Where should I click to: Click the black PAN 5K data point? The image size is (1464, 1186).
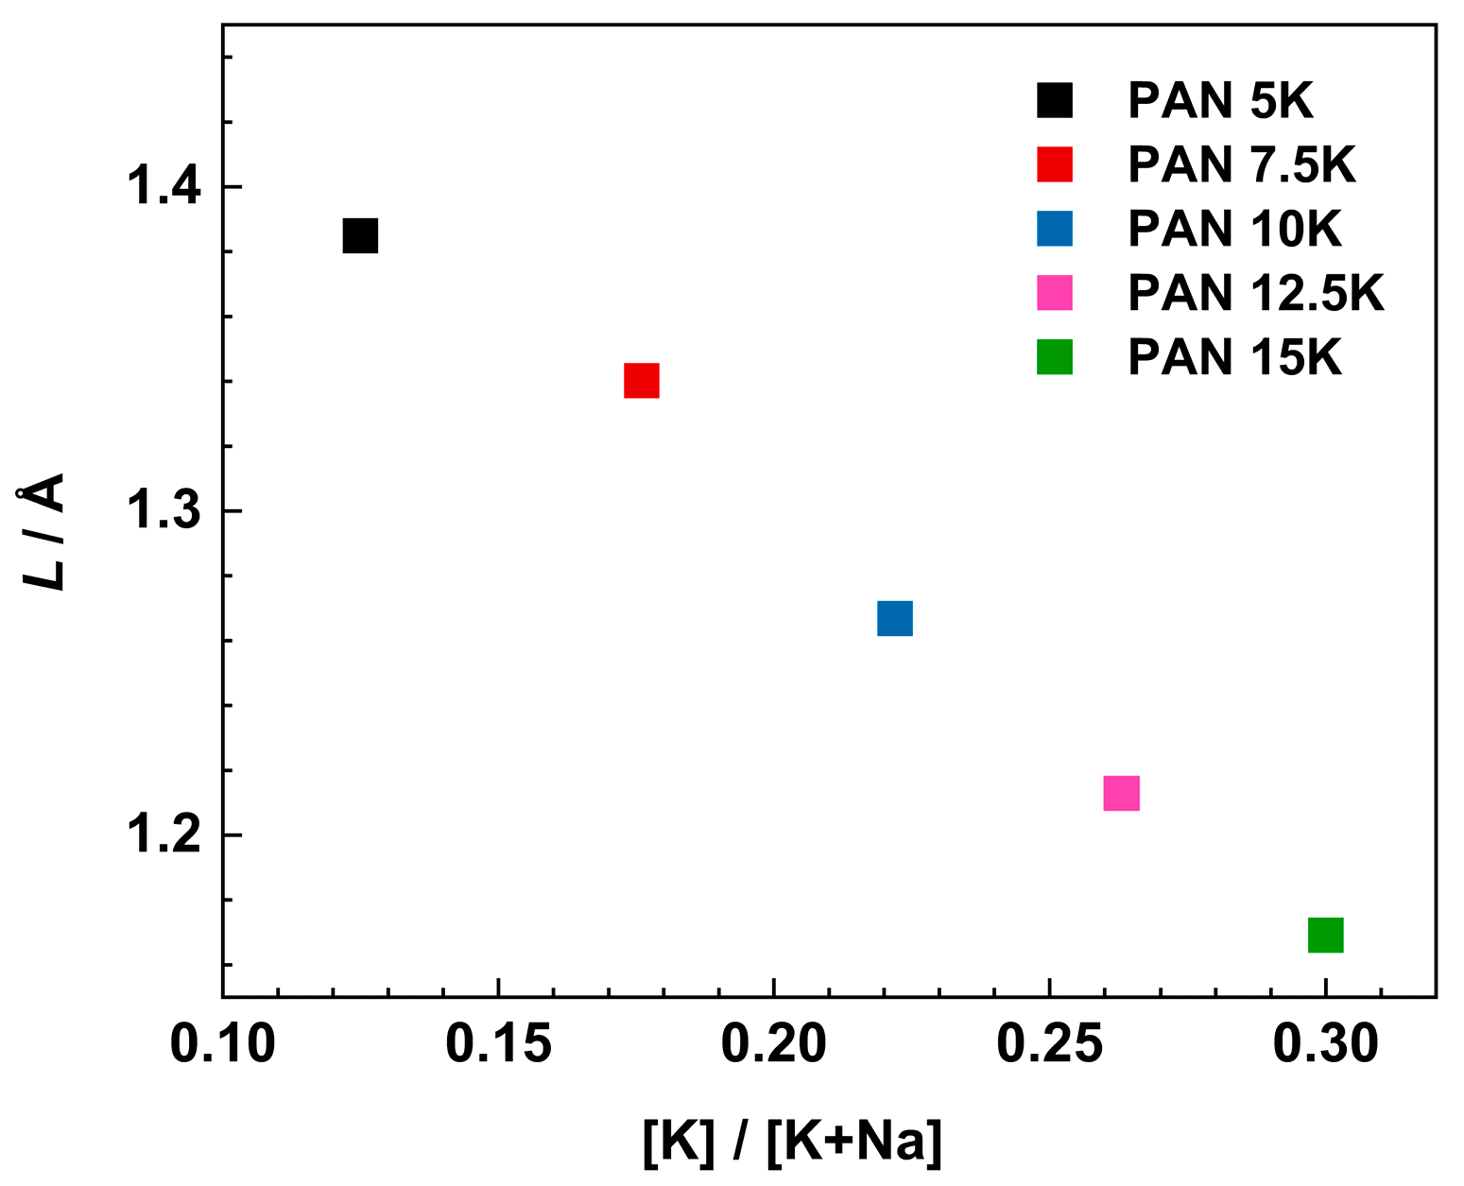point(360,235)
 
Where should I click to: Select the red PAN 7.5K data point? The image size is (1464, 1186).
point(641,381)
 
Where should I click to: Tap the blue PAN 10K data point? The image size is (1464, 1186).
point(894,618)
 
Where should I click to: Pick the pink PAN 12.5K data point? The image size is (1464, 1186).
point(1121,793)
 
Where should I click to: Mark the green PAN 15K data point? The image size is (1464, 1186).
point(1325,935)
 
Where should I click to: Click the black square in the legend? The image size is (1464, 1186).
point(1055,100)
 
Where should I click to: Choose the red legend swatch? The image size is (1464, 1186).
point(1055,164)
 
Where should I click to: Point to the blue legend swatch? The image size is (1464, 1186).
point(1055,229)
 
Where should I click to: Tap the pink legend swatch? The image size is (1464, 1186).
point(1055,293)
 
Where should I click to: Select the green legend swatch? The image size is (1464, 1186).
point(1055,357)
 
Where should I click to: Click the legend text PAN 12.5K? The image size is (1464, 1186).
point(1256,293)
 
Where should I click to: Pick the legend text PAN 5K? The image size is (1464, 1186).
point(1221,100)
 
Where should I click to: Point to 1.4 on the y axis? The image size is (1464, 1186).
point(164,186)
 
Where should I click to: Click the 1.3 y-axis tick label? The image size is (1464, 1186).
point(164,511)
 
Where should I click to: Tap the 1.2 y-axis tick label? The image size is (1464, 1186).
point(164,835)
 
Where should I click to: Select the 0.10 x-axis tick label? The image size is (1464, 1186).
point(223,1045)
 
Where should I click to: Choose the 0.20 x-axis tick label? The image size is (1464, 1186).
point(773,1045)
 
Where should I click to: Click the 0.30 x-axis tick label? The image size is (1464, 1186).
point(1325,1045)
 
